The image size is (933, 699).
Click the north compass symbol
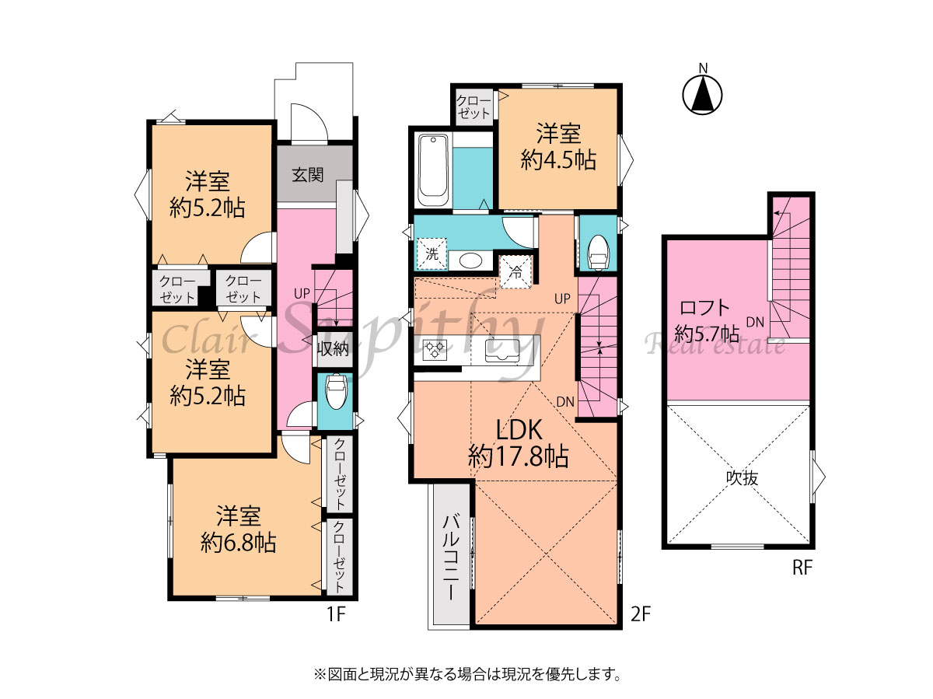tap(702, 94)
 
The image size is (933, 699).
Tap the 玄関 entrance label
tap(308, 175)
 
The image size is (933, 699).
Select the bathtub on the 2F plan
tap(433, 170)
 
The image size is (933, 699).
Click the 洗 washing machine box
tap(432, 254)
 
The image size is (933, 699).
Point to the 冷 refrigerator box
tap(515, 272)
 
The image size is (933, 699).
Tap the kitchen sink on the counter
tap(502, 350)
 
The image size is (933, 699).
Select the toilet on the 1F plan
tap(336, 391)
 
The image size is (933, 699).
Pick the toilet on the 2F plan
tap(598, 253)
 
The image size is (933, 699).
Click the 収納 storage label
tap(333, 349)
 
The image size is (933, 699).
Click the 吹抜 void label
tap(742, 478)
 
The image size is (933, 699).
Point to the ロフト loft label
tap(704, 308)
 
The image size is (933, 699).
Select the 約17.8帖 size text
tap(518, 457)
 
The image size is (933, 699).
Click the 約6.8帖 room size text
tap(239, 543)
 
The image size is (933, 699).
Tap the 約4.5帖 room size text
tap(558, 160)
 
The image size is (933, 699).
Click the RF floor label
tap(802, 568)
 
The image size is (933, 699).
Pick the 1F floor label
tap(336, 614)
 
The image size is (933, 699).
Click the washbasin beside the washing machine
tap(470, 260)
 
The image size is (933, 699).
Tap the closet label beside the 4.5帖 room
tap(473, 107)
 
